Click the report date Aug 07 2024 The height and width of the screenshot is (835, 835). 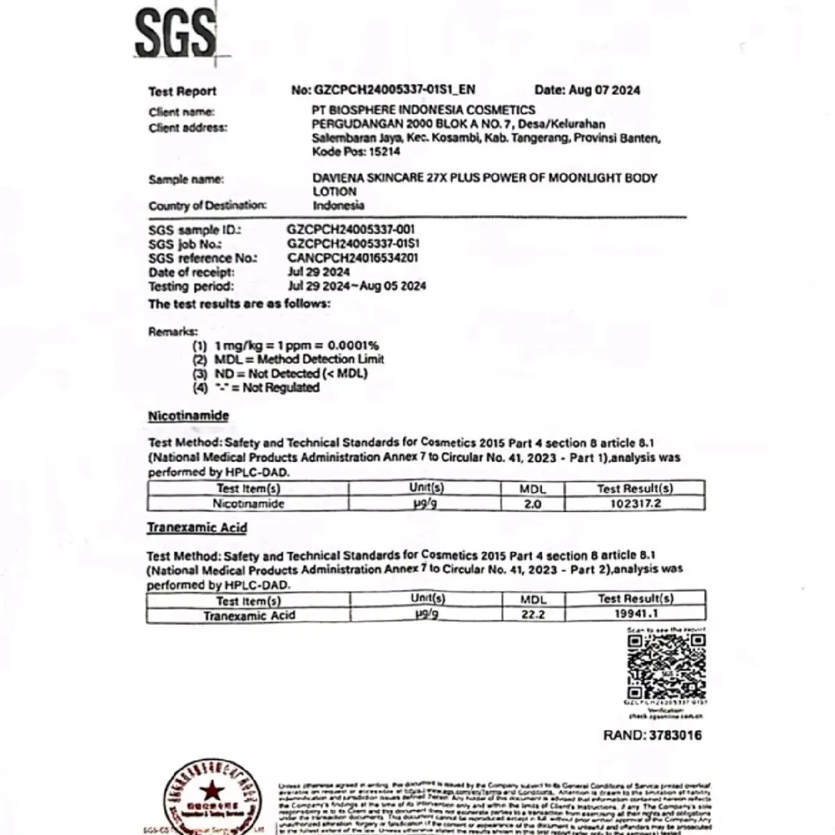tap(605, 90)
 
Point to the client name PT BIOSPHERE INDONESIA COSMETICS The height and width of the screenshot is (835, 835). tap(423, 110)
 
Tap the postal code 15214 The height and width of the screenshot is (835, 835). tap(384, 152)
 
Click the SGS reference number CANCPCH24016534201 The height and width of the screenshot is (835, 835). tap(353, 258)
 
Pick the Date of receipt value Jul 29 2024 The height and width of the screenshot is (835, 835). tap(319, 272)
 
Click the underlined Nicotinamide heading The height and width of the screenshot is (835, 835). tap(189, 415)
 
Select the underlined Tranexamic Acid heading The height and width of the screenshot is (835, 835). tap(197, 528)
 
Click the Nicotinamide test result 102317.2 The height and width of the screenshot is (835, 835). tap(635, 504)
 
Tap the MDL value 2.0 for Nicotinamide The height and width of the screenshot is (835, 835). tap(532, 504)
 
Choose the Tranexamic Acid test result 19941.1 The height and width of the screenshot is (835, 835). tap(636, 614)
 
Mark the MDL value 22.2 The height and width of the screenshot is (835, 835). tap(533, 615)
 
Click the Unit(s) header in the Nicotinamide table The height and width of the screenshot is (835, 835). tap(426, 488)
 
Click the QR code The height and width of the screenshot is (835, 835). tap(667, 667)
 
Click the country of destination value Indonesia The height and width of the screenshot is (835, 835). tap(338, 205)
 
